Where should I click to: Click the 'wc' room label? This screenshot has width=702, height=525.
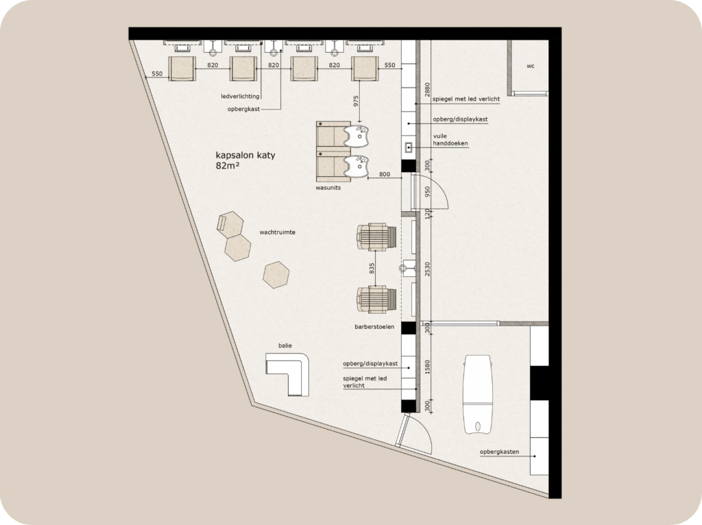[531, 67]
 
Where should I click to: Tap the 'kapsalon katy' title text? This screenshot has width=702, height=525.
[245, 156]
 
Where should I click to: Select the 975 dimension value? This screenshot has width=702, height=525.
[355, 100]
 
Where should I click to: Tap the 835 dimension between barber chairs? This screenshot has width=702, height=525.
[372, 269]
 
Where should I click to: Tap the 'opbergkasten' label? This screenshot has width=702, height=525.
[498, 452]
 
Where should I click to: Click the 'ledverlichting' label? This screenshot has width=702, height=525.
[240, 97]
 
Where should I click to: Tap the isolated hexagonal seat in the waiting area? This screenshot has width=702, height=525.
[276, 274]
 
